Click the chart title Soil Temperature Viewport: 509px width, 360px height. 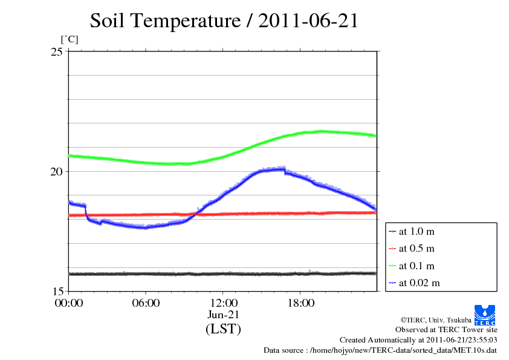tap(224, 21)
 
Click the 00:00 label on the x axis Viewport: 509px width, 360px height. tap(69, 303)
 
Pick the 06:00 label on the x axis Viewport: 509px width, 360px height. tap(146, 303)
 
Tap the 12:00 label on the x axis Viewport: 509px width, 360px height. tap(223, 303)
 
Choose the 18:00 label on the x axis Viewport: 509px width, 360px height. tap(300, 303)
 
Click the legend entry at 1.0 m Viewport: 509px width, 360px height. tap(416, 231)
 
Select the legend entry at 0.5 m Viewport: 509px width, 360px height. tap(416, 248)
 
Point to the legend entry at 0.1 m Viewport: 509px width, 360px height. tap(416, 266)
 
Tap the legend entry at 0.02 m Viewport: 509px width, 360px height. tap(418, 283)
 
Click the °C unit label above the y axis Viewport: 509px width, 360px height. tap(69, 39)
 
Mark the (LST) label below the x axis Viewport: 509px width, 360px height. tap(223, 329)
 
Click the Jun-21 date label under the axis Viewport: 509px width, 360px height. tap(223, 315)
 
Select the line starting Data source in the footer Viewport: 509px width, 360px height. tap(380, 350)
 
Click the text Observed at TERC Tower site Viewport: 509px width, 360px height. tap(446, 330)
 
